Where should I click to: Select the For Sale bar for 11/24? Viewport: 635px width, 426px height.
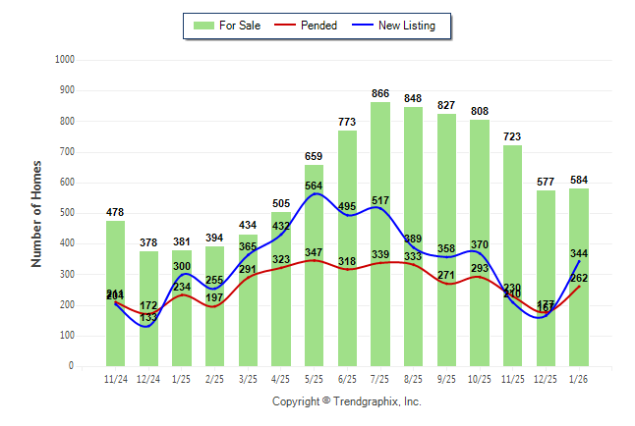[116, 293]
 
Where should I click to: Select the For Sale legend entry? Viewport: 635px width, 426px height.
[228, 26]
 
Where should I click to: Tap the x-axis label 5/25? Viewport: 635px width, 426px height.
[315, 378]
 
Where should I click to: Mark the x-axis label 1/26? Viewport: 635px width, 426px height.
[579, 378]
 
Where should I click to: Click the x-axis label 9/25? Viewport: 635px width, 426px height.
[447, 378]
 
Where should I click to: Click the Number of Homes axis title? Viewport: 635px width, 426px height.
[37, 213]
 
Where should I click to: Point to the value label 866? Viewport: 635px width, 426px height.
[380, 93]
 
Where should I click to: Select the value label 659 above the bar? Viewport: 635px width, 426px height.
[315, 156]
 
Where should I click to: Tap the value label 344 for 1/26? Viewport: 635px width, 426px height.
[579, 254]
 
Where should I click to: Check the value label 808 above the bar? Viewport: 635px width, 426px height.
[480, 111]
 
